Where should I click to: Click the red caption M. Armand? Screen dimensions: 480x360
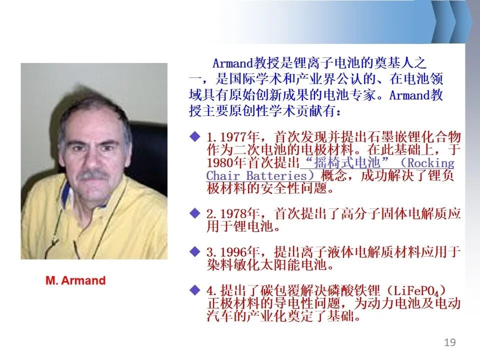click(x=75, y=280)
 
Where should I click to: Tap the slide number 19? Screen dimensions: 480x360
click(x=449, y=342)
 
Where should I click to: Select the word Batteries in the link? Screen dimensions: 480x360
click(x=276, y=176)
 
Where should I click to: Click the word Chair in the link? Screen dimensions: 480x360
click(x=223, y=176)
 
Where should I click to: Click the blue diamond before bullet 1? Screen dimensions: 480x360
click(x=195, y=136)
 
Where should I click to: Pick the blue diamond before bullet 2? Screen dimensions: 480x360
click(x=195, y=213)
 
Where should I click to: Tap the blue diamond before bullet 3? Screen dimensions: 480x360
click(x=195, y=251)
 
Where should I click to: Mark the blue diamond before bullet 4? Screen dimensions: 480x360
click(x=195, y=289)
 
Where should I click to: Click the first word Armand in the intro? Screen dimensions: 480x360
click(x=233, y=63)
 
